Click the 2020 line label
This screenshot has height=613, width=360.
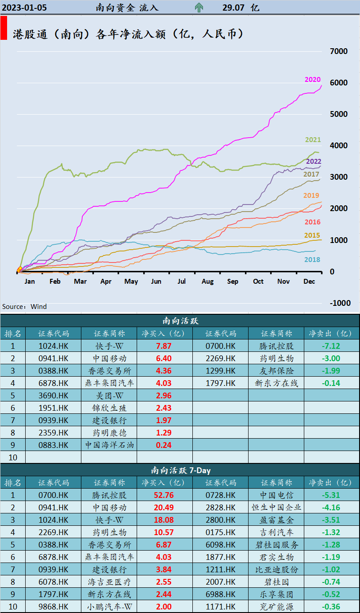313,80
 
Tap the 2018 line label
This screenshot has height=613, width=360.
313,260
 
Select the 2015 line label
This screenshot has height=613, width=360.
312,235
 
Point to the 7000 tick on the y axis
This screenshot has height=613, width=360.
339,51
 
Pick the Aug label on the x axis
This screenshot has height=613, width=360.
207,281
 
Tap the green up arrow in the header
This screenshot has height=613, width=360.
199,7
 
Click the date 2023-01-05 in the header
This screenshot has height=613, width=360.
25,8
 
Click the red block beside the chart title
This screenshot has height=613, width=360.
4,28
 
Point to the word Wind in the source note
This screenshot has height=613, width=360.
39,307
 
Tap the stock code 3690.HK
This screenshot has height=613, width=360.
53,396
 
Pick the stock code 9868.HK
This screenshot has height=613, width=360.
53,607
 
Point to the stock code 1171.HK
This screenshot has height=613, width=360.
220,607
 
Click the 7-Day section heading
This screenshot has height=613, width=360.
180,470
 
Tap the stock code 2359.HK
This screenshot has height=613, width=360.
53,433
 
